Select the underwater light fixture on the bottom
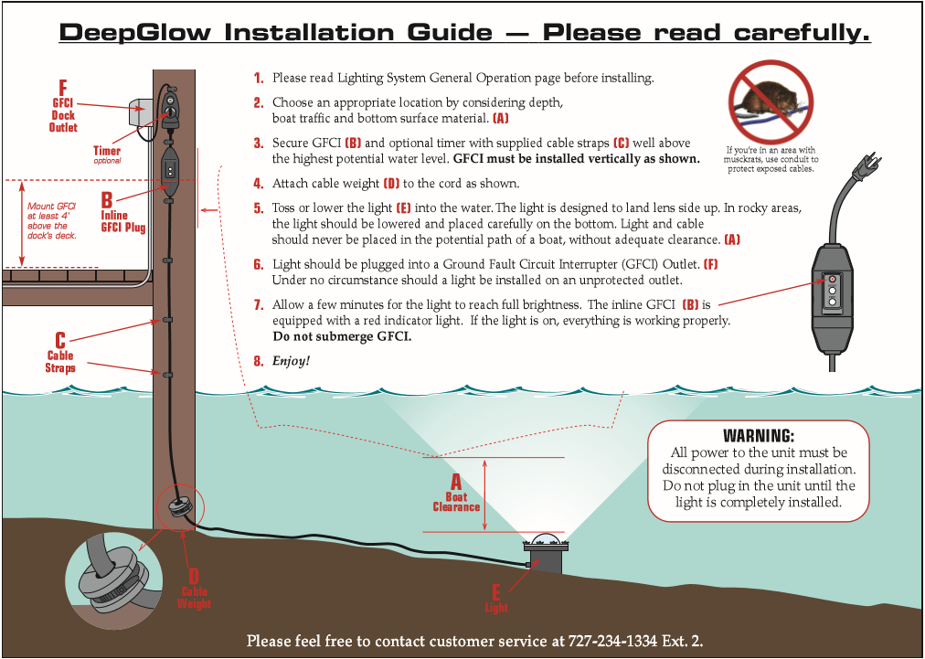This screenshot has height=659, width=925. (547, 551)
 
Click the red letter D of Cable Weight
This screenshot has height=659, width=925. (193, 576)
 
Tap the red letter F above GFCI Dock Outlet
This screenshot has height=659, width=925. (62, 89)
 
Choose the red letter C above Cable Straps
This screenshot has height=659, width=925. (59, 340)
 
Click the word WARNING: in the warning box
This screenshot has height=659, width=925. (759, 436)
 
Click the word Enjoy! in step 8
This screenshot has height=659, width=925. (291, 361)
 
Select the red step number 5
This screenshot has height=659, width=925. (259, 208)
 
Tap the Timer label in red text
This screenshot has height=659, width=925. (107, 151)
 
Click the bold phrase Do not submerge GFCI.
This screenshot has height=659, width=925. (342, 336)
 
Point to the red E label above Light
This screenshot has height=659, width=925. (496, 591)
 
